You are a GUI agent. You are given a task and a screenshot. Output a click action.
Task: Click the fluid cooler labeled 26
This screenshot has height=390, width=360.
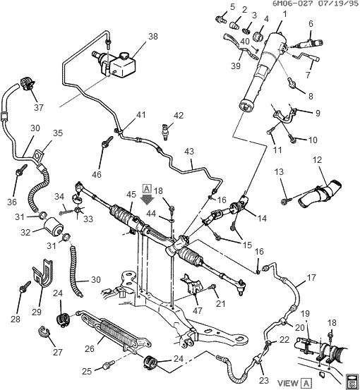121,331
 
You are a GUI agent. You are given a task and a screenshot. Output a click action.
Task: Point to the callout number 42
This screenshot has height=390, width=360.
178,116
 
